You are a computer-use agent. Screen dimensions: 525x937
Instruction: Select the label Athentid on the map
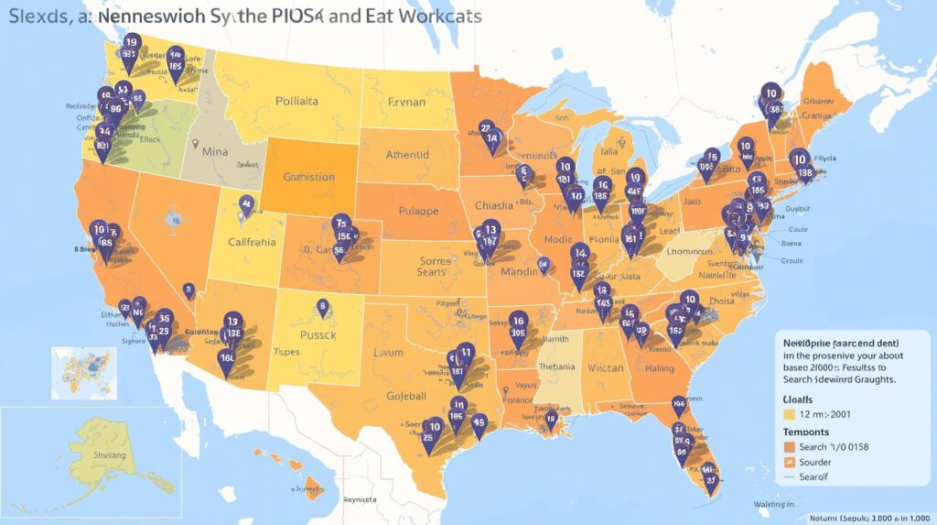coord(406,156)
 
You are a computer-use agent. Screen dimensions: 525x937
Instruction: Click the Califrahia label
coord(264,244)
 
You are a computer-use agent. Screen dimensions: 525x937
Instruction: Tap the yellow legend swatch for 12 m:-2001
coord(790,414)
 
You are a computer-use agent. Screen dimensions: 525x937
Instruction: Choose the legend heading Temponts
coord(807,432)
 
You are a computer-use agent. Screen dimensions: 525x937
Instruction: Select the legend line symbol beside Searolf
coord(790,477)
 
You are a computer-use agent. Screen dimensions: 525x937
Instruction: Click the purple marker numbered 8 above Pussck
coord(322,307)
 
